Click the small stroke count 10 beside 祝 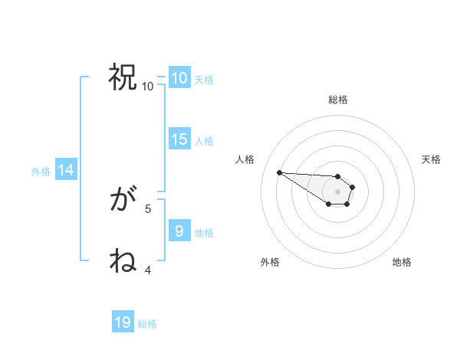pos(147,86)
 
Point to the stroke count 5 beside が pos(148,208)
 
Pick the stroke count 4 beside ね pos(148,270)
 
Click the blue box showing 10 pos(179,77)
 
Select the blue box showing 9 pos(179,231)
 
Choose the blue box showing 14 pos(65,170)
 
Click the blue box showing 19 pos(122,322)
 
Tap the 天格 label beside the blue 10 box pos(203,79)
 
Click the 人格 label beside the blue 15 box pos(203,140)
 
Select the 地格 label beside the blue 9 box pos(203,232)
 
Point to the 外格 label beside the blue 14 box pos(41,172)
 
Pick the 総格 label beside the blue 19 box pos(147,324)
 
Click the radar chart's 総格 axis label pos(337,100)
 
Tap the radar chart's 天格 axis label pos(431,159)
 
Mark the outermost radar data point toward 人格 pos(279,172)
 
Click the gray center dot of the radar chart pos(337,191)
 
